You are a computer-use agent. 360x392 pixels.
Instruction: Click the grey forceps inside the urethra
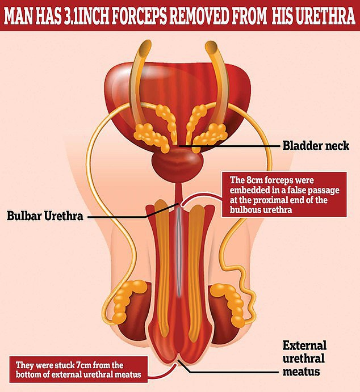click(179, 250)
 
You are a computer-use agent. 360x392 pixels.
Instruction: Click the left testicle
click(126, 306)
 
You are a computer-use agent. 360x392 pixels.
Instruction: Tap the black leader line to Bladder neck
click(233, 146)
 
